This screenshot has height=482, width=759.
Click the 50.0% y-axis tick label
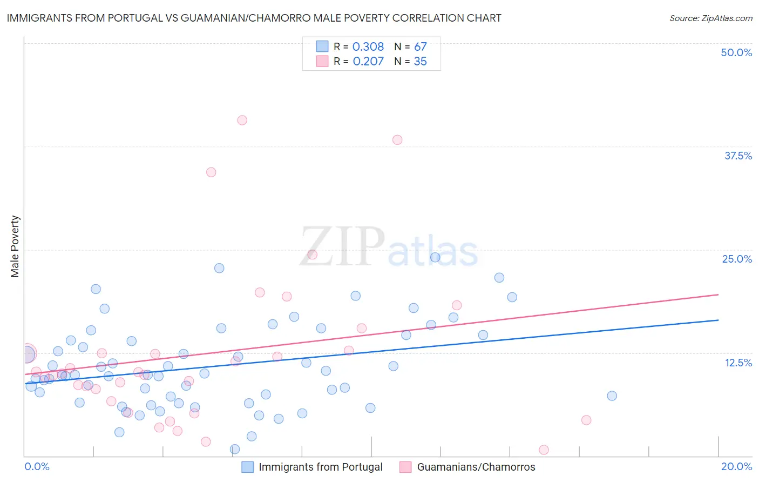pyautogui.click(x=736, y=52)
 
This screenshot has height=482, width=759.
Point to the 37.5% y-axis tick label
pyautogui.click(x=738, y=156)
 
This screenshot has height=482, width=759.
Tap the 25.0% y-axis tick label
pyautogui.click(x=737, y=259)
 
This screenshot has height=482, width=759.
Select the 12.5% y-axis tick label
pyautogui.click(x=738, y=363)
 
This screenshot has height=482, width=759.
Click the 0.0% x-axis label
pyautogui.click(x=37, y=466)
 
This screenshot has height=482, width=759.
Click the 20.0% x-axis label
pyautogui.click(x=736, y=466)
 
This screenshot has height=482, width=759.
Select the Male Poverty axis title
pyautogui.click(x=15, y=246)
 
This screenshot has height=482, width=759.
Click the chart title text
pyautogui.click(x=254, y=18)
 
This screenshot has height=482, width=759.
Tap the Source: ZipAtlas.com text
pyautogui.click(x=710, y=18)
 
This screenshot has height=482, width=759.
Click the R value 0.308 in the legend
pyautogui.click(x=368, y=47)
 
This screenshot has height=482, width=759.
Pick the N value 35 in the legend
pyautogui.click(x=420, y=62)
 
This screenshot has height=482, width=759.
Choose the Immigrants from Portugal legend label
pyautogui.click(x=320, y=467)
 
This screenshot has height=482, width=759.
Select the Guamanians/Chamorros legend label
pyautogui.click(x=476, y=467)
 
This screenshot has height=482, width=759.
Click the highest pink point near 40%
pyautogui.click(x=242, y=120)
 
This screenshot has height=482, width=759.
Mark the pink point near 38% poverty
pyautogui.click(x=397, y=140)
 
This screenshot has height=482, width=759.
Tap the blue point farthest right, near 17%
pyautogui.click(x=612, y=396)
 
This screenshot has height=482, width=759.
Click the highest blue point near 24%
pyautogui.click(x=435, y=257)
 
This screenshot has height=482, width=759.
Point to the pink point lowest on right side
pyautogui.click(x=544, y=450)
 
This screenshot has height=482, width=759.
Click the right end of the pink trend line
pyautogui.click(x=718, y=294)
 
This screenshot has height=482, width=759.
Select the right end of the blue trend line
pyautogui.click(x=718, y=320)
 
